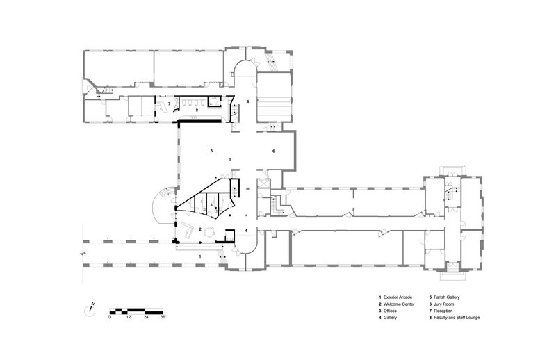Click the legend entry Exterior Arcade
[x=398, y=297]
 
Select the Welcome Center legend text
[x=399, y=304]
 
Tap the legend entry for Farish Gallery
[x=446, y=297]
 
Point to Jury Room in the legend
[x=443, y=304]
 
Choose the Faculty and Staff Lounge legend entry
[x=457, y=318]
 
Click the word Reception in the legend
[x=443, y=311]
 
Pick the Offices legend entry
[x=390, y=311]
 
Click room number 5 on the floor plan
[x=212, y=151]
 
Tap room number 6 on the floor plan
[x=273, y=151]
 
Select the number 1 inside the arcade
[x=200, y=256]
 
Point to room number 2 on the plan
[x=200, y=229]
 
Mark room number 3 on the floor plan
[x=211, y=204]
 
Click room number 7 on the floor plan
[x=169, y=104]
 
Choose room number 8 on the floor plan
[x=197, y=111]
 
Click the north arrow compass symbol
[x=90, y=311]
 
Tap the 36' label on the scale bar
[x=163, y=317]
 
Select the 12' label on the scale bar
[x=129, y=317]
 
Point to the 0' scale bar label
[x=110, y=317]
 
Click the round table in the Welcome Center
[x=211, y=232]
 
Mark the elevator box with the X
[x=265, y=183]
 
